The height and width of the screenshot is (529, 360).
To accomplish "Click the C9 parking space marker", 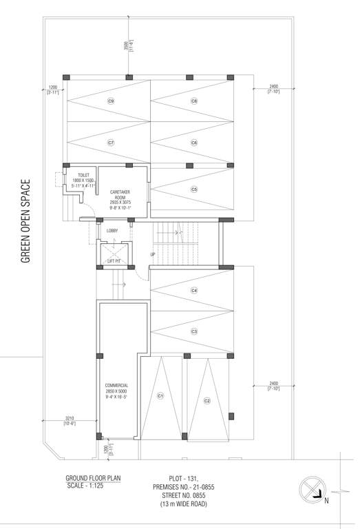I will [110, 101].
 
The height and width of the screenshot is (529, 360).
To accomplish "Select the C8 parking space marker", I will [194, 101].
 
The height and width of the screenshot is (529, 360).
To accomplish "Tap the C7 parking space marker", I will [110, 143].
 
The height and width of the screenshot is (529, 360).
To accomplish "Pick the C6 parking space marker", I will [194, 143].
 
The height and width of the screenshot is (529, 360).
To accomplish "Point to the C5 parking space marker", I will [194, 189].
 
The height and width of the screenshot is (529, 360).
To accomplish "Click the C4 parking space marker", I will [194, 291].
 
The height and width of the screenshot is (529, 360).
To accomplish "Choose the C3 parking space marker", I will [194, 331].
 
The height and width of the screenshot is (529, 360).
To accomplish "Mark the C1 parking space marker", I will [160, 395].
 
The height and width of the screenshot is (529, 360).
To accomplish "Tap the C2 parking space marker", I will [207, 400].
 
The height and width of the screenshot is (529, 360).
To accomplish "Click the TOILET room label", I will [83, 176].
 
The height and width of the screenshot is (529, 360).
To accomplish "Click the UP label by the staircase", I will [153, 256].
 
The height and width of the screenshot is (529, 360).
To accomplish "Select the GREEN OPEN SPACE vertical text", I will [25, 221].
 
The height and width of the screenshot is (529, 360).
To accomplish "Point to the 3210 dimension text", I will [70, 418].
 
